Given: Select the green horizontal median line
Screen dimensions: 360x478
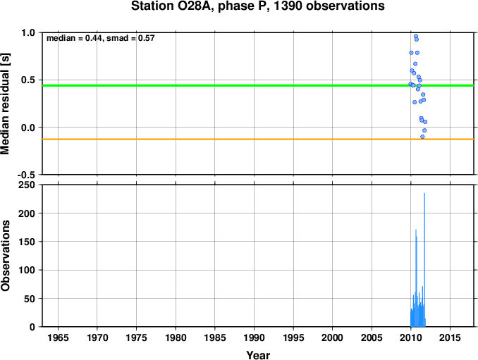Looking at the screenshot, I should tap(212, 85).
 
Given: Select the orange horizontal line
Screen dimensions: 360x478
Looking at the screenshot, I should tap(212, 139).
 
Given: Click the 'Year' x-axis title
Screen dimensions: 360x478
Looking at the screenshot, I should tap(258, 355).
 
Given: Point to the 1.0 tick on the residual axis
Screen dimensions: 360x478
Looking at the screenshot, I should tap(28, 33).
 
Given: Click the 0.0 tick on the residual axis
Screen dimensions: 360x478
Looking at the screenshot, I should tap(28, 128).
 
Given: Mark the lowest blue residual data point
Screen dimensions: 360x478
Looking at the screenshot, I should tap(422, 136).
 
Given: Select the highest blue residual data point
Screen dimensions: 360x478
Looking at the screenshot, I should tap(415, 36).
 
